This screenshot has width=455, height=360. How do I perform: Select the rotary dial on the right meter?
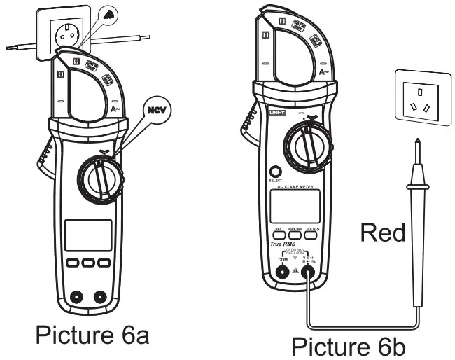[x=307, y=147]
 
